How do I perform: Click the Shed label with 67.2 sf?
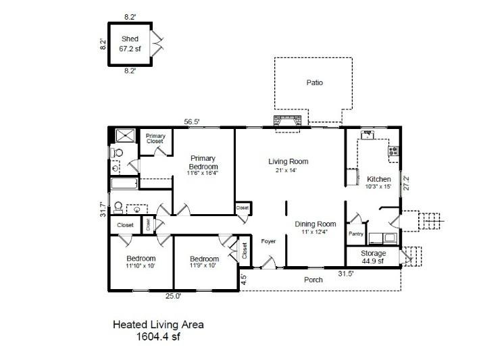click(x=130, y=44)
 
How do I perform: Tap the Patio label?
click(x=313, y=83)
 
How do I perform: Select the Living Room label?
click(x=288, y=161)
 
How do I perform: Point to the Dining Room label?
click(x=315, y=224)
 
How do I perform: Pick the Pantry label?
click(x=356, y=234)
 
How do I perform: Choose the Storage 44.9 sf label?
click(x=372, y=257)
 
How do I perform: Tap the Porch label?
click(x=313, y=279)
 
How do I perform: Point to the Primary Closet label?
click(x=155, y=138)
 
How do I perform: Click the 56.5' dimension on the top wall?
click(x=193, y=122)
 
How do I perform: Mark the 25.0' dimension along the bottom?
click(x=173, y=295)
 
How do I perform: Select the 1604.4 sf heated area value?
click(x=157, y=336)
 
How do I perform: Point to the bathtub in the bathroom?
click(x=125, y=184)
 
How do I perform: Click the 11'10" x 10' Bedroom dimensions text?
click(x=141, y=266)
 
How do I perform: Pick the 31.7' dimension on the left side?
click(x=103, y=209)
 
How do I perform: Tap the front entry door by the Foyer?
click(x=268, y=263)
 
